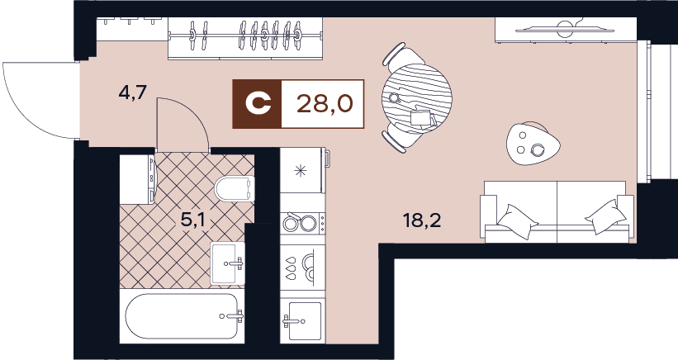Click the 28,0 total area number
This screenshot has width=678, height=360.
point(325,104)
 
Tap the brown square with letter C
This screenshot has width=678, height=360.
point(258,104)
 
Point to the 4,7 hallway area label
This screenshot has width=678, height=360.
point(134,93)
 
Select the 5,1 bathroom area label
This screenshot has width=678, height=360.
point(192,221)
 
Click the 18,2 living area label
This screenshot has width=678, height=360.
point(422,221)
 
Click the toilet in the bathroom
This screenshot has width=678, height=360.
point(234,188)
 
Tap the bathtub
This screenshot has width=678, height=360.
point(182,316)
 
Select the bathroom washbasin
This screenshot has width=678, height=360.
point(227,263)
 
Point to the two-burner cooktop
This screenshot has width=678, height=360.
point(302,223)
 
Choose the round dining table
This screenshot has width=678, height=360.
point(417,98)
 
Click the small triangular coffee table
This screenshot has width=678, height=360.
point(533,144)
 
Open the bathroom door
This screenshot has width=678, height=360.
point(182,125)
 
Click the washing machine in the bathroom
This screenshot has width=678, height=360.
point(137,179)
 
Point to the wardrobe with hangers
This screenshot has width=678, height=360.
point(245,38)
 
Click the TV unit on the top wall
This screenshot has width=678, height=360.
point(566,30)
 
